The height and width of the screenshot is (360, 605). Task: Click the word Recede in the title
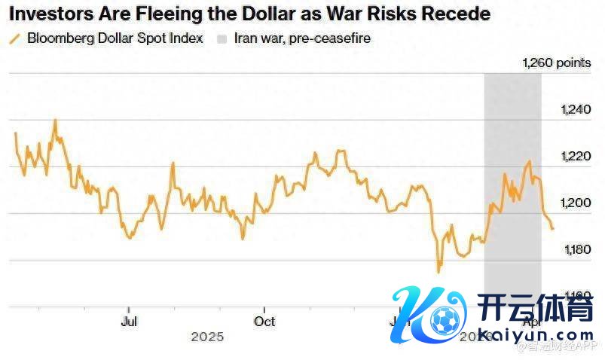click(459, 14)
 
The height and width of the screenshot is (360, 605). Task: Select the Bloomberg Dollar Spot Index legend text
click(115, 38)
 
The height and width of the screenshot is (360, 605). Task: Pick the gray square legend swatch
click(222, 38)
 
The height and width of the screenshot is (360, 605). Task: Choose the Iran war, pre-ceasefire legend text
click(302, 38)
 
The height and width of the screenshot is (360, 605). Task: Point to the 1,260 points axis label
click(557, 63)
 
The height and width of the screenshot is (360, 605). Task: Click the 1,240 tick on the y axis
click(576, 110)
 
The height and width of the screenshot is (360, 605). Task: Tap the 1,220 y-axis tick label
click(576, 157)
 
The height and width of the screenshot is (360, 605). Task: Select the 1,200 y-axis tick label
click(576, 203)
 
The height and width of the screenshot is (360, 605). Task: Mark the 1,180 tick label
click(576, 249)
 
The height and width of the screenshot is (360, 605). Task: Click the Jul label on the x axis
click(129, 321)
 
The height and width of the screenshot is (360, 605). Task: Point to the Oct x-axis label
click(264, 321)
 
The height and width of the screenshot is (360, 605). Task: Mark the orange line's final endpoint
click(552, 228)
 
